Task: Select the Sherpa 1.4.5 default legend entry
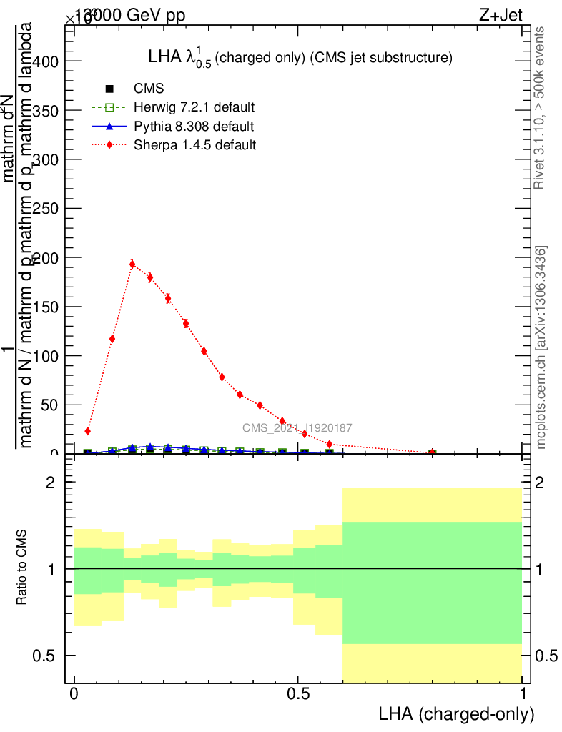point(194,145)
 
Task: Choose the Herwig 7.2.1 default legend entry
point(194,107)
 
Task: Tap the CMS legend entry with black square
point(149,89)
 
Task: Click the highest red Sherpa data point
point(132,264)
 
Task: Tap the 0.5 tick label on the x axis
point(298,694)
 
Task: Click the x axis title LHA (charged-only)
point(456,713)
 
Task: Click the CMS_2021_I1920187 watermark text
point(297,428)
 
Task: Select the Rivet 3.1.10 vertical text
point(541,108)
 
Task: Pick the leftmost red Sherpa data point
point(87,431)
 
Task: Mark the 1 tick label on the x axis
point(523,694)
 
